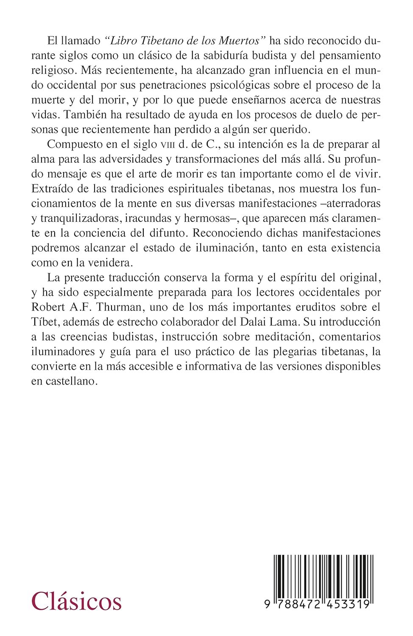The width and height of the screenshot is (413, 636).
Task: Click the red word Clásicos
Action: click(x=77, y=601)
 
